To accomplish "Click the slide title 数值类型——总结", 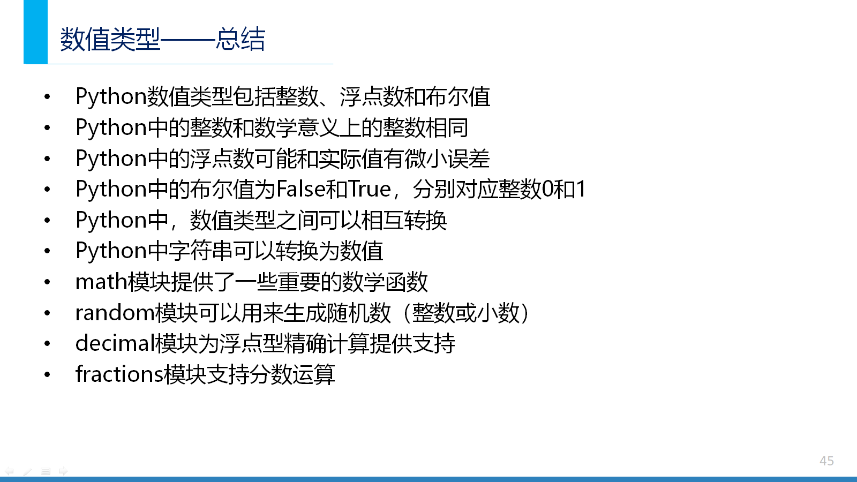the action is tap(163, 39).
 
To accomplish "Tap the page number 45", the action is tap(827, 461).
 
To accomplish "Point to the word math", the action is tap(101, 282).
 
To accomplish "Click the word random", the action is tap(115, 313).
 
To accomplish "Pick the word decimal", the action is tap(115, 343).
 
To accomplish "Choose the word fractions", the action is tap(120, 374).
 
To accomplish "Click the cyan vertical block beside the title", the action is tap(35, 32).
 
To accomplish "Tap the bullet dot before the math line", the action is tap(47, 282).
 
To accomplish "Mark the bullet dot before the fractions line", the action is tap(47, 374).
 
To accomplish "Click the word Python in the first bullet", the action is tap(111, 96).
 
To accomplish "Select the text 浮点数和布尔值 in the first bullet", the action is tap(415, 96).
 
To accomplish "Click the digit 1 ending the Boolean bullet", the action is tap(581, 189).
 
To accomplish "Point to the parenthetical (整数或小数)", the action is tap(465, 313).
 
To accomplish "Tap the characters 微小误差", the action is tap(447, 159).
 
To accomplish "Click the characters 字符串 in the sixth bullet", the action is tap(200, 251).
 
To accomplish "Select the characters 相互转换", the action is tap(404, 220).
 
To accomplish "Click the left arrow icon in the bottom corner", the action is tap(9, 471).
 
